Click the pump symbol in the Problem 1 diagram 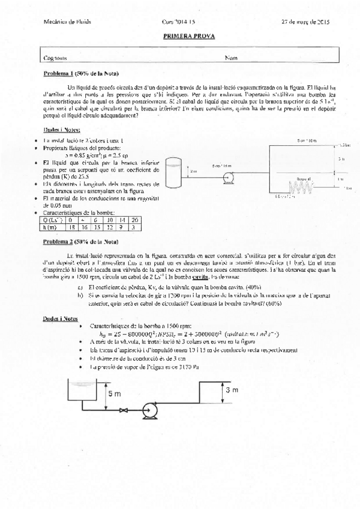[x=229, y=177]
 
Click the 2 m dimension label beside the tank [x=193, y=171]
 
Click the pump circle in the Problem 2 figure [x=147, y=411]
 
